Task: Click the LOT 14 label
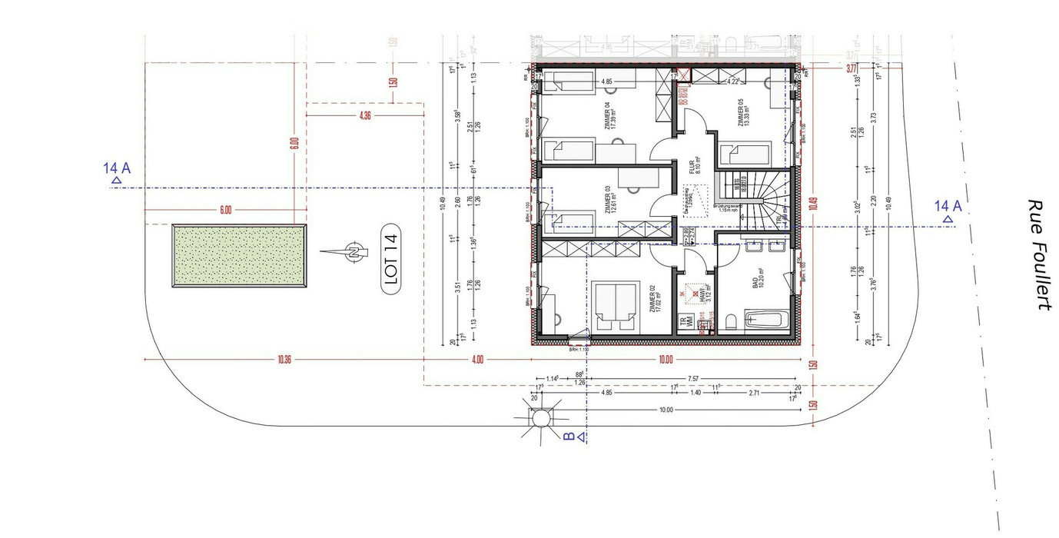[393, 261]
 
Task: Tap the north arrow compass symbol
[350, 251]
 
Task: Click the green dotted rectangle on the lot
[239, 256]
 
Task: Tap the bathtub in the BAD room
[765, 321]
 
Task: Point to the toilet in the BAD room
[731, 321]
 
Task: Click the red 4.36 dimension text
[364, 115]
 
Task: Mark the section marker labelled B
[572, 437]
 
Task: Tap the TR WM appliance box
[680, 324]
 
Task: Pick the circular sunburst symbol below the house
[540, 418]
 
